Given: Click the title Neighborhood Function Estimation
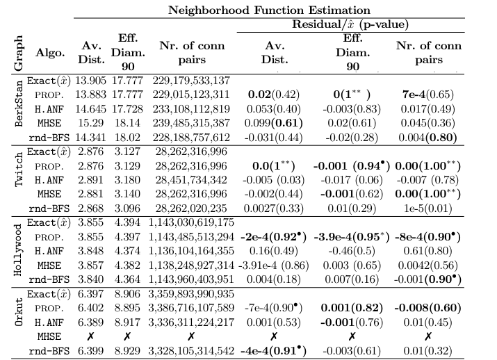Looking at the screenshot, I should (x=272, y=10).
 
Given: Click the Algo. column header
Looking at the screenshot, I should (x=49, y=52).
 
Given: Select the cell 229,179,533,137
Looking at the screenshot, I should (x=190, y=81).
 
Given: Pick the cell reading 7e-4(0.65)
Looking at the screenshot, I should (x=428, y=93).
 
